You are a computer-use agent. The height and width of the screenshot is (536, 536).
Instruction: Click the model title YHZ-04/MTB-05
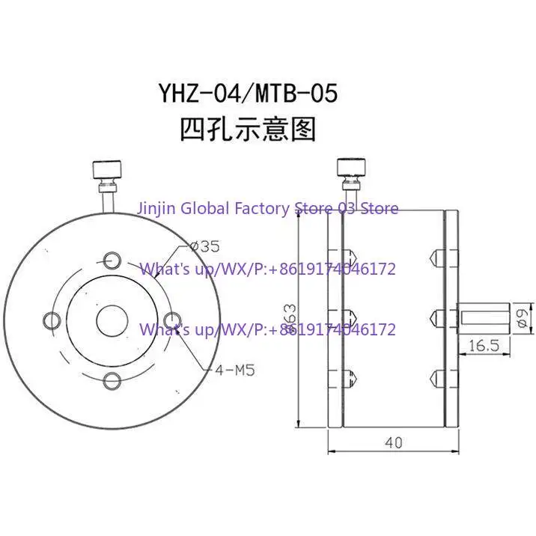pyautogui.click(x=249, y=94)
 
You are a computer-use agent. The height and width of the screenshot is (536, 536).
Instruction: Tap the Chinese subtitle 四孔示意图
pyautogui.click(x=248, y=130)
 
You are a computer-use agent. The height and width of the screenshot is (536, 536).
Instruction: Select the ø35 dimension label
pyautogui.click(x=205, y=246)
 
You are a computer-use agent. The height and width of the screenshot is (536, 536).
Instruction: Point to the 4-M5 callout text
pyautogui.click(x=235, y=370)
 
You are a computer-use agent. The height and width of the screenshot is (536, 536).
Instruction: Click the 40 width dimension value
pyautogui.click(x=394, y=442)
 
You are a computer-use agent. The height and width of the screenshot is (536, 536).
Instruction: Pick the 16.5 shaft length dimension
pyautogui.click(x=484, y=346)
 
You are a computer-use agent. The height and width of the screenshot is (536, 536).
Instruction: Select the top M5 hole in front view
pyautogui.click(x=112, y=261)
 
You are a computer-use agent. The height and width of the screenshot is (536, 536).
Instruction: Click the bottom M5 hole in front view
pyautogui.click(x=112, y=381)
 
